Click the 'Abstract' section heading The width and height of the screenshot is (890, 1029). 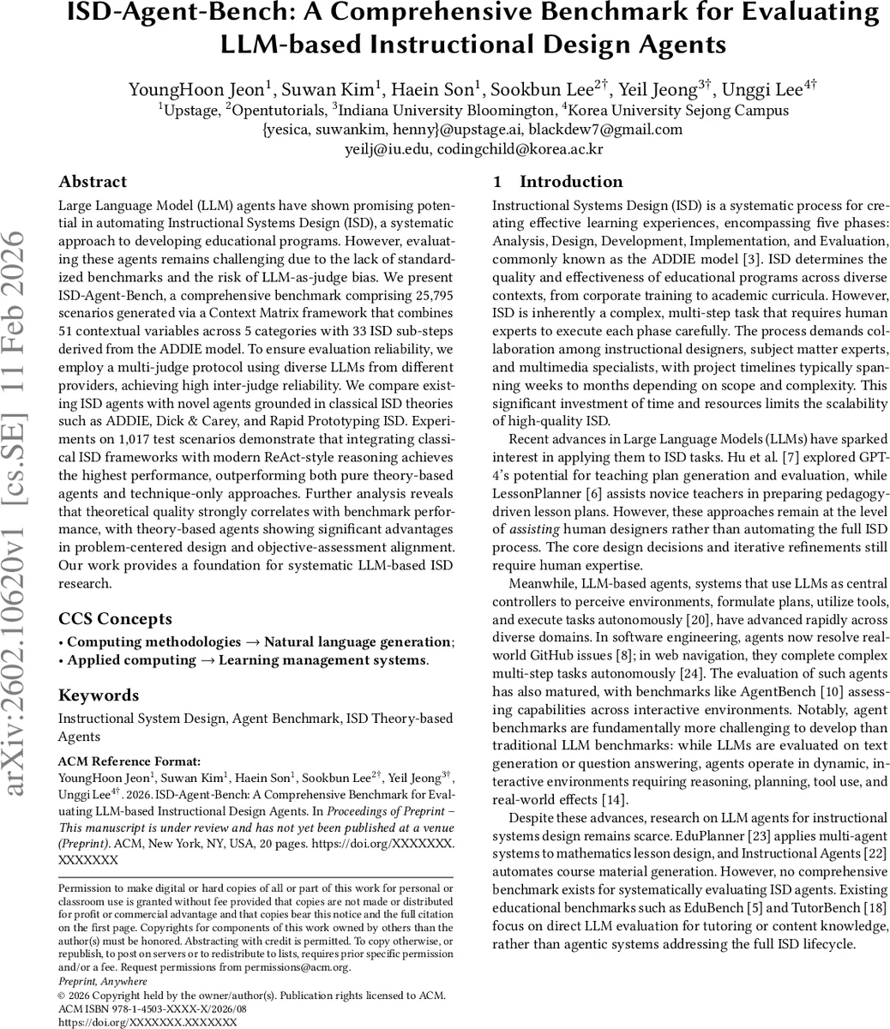tap(93, 182)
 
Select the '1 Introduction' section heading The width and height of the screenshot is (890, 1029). tap(558, 182)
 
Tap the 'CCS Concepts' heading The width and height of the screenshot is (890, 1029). tap(115, 618)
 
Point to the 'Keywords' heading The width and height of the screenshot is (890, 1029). tap(98, 695)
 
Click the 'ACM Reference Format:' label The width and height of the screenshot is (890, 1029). tap(129, 761)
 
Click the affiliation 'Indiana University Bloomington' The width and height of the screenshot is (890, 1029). tap(446, 111)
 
